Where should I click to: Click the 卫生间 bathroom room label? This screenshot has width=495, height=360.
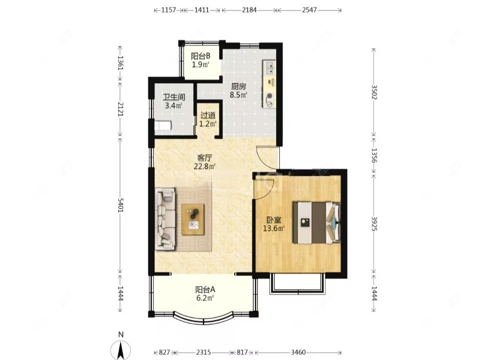click(x=173, y=97)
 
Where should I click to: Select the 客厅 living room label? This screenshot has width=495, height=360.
click(x=204, y=157)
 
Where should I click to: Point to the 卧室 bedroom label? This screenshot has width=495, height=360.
click(x=274, y=219)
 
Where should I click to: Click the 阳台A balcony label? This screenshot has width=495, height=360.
click(x=205, y=289)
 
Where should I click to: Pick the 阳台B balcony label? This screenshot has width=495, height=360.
click(x=201, y=56)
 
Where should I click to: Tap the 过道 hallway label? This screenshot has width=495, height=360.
click(x=208, y=115)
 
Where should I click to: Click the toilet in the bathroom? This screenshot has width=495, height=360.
click(x=163, y=126)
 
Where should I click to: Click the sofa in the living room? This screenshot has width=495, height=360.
click(x=166, y=219)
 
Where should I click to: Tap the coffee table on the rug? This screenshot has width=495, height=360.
click(x=193, y=219)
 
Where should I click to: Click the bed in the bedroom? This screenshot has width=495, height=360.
click(x=317, y=223)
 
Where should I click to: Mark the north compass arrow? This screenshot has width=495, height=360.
click(x=121, y=350)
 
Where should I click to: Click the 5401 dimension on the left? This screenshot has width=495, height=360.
click(x=120, y=205)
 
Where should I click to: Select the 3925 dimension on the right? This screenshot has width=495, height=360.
click(x=374, y=224)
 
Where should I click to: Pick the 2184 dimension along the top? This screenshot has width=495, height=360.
click(x=249, y=10)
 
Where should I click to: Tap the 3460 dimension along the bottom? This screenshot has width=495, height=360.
click(x=298, y=352)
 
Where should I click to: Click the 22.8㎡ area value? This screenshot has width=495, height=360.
click(x=205, y=166)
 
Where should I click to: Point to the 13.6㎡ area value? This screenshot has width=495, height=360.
click(x=274, y=228)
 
